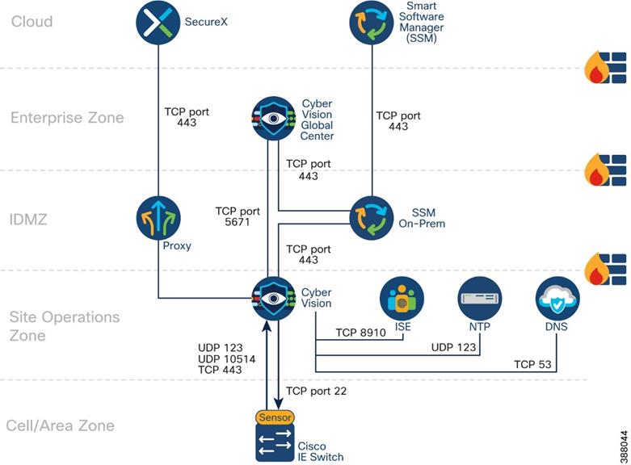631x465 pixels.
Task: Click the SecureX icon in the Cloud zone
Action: pyautogui.click(x=158, y=22)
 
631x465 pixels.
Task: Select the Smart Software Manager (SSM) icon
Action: pyautogui.click(x=372, y=22)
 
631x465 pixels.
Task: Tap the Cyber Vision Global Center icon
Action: pyautogui.click(x=274, y=119)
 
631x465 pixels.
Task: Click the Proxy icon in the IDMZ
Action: pyautogui.click(x=158, y=217)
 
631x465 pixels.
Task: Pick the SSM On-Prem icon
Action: pyautogui.click(x=372, y=217)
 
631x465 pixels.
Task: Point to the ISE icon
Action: pyautogui.click(x=402, y=299)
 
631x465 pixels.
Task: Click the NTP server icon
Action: pyautogui.click(x=480, y=299)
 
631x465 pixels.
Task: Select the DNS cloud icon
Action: pyautogui.click(x=557, y=299)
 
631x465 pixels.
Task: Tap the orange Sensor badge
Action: pyautogui.click(x=275, y=417)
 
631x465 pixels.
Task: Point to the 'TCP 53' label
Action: pyautogui.click(x=532, y=365)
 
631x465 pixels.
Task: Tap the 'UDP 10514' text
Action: pyautogui.click(x=221, y=358)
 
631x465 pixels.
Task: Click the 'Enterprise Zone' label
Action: pyautogui.click(x=67, y=118)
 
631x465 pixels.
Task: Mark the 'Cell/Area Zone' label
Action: pyautogui.click(x=60, y=425)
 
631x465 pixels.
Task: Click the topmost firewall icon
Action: pyautogui.click(x=606, y=68)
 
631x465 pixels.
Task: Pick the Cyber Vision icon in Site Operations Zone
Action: pyautogui.click(x=274, y=299)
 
